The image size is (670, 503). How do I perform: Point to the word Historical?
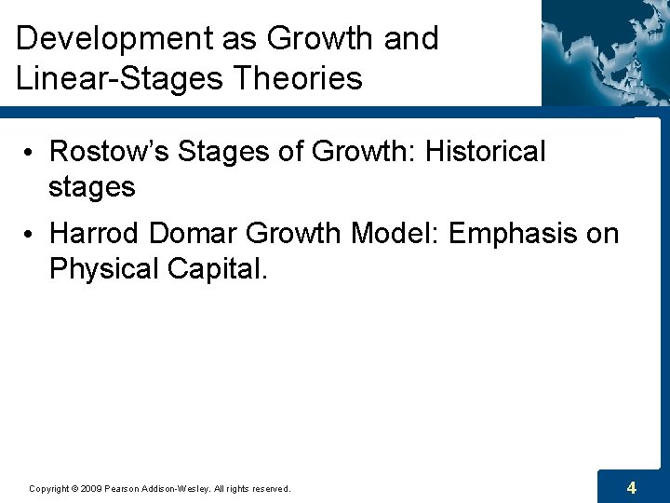(x=485, y=151)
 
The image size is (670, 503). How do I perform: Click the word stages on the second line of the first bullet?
(x=92, y=186)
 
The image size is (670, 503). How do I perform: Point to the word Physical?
(x=104, y=268)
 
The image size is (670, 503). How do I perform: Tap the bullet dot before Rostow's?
(x=31, y=152)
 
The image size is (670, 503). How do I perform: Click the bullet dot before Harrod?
(x=31, y=234)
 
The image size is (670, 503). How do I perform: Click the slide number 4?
(x=632, y=487)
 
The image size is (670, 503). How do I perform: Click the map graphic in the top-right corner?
(x=605, y=51)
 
